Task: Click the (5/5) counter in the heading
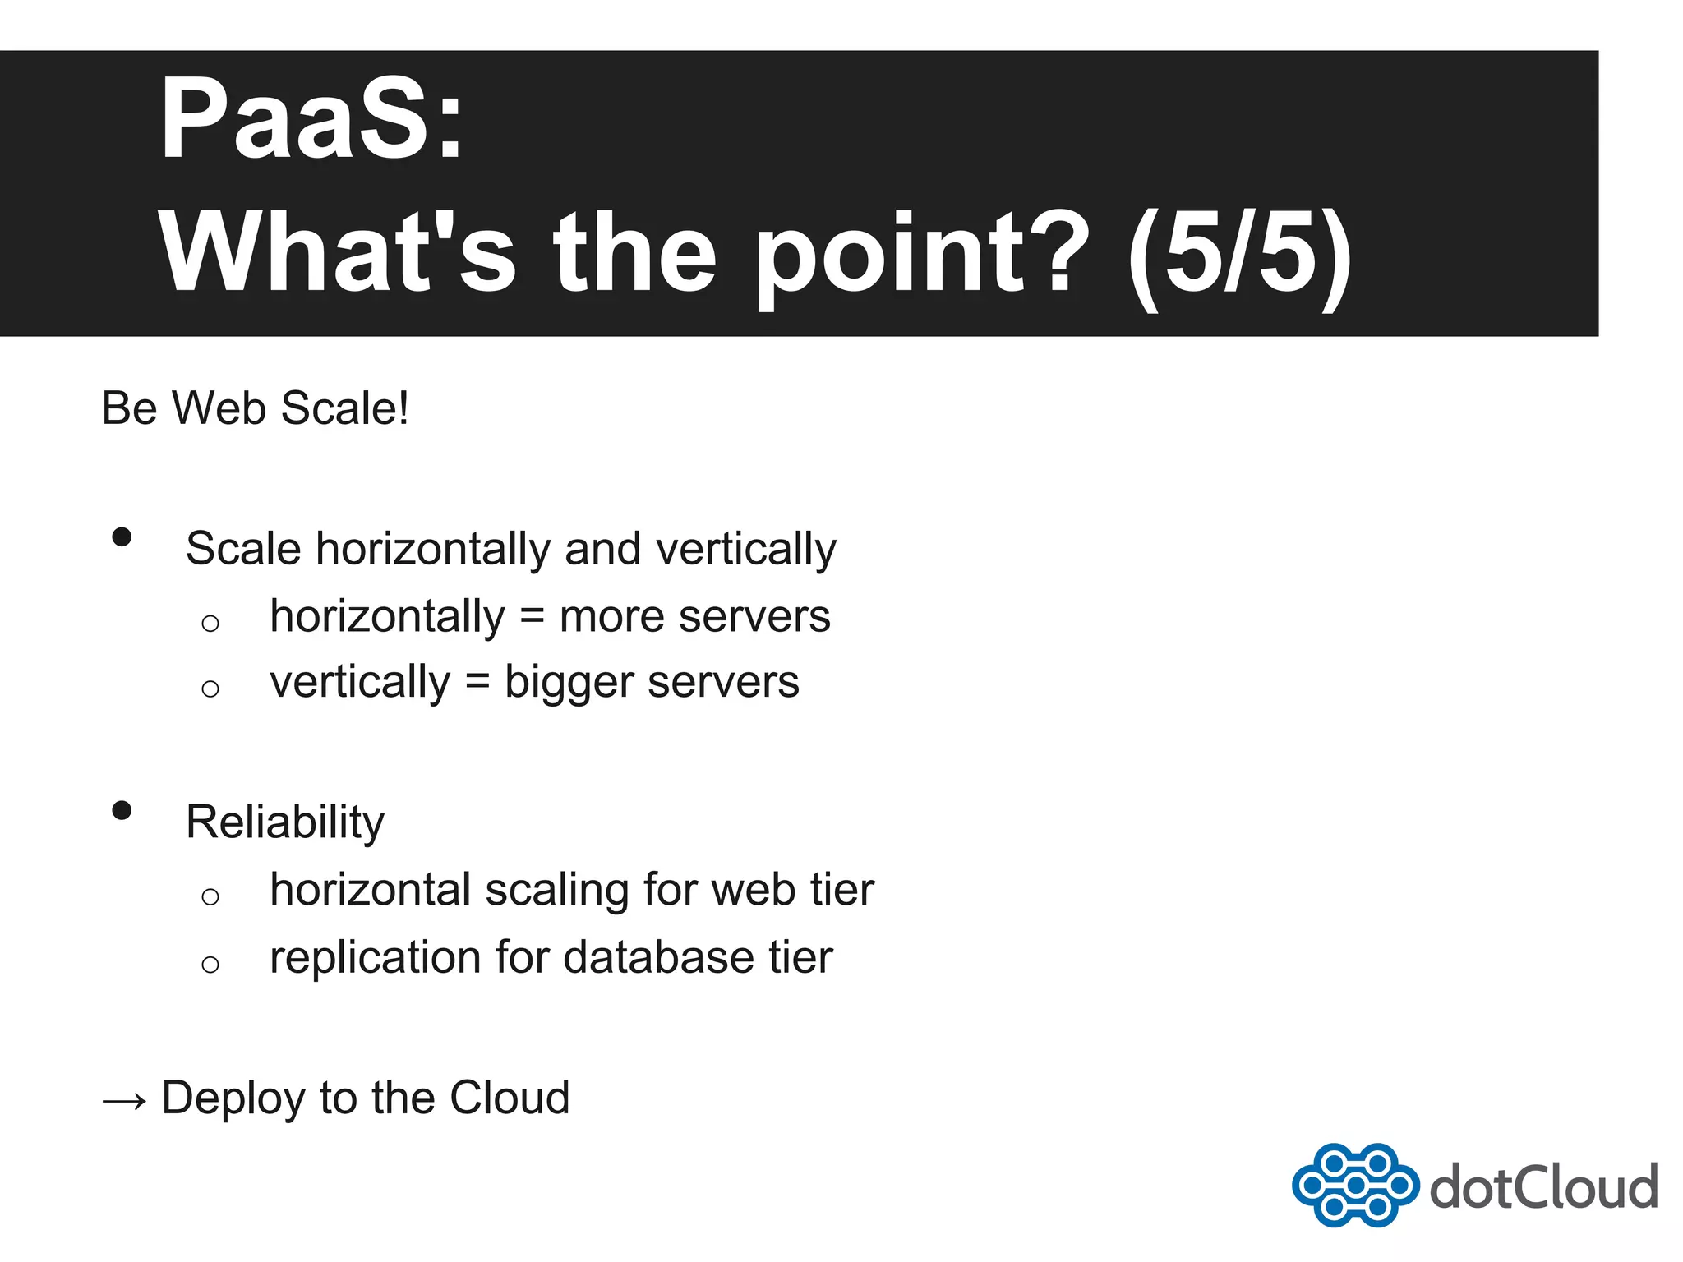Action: click(1239, 253)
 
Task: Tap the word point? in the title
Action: click(920, 253)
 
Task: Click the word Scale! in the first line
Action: click(344, 408)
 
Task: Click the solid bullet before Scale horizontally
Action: click(122, 537)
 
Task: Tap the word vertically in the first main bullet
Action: click(745, 550)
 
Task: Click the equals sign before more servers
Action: click(533, 616)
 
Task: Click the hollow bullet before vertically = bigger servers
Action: click(210, 688)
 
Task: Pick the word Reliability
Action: click(285, 822)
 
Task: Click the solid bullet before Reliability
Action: click(122, 811)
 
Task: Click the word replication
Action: click(375, 958)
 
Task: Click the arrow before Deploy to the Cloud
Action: click(124, 1100)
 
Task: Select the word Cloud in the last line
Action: click(510, 1098)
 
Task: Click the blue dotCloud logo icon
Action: click(1354, 1185)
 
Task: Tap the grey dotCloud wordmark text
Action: click(1543, 1187)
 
